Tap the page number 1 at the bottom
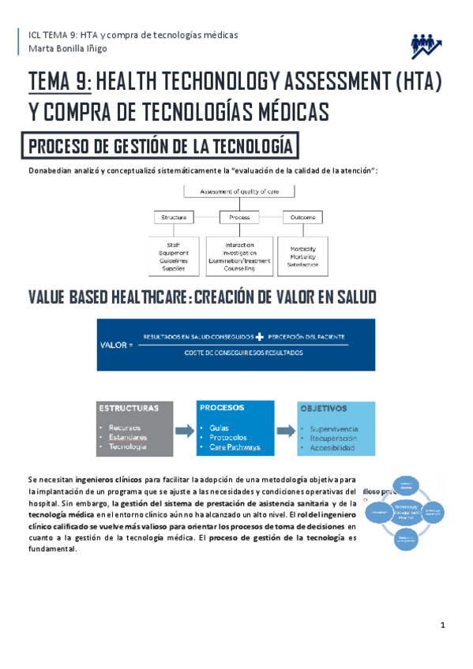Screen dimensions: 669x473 [x=444, y=626]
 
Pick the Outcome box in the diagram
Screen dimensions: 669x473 [x=304, y=217]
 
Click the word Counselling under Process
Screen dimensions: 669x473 [x=239, y=268]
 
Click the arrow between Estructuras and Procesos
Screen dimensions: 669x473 [x=184, y=431]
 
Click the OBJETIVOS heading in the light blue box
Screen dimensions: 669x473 [x=323, y=409]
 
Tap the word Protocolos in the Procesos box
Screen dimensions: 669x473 [x=228, y=437]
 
